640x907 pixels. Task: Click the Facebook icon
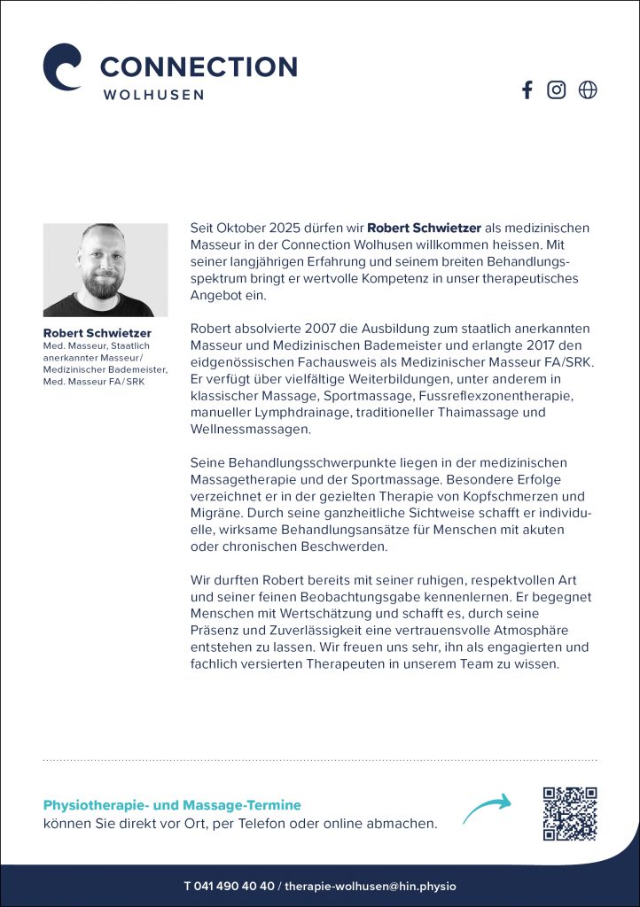[x=527, y=89]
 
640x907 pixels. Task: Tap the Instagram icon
[x=556, y=89]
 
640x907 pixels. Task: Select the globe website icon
[x=588, y=89]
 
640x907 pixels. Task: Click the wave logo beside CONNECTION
[x=62, y=67]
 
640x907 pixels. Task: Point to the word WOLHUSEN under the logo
[x=153, y=94]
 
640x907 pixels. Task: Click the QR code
[x=570, y=813]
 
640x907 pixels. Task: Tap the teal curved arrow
[x=487, y=808]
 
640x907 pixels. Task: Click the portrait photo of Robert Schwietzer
[x=105, y=270]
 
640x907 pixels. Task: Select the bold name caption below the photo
[x=98, y=333]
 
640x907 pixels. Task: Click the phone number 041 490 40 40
[x=230, y=886]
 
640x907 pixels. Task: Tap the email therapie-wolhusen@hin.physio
[x=371, y=886]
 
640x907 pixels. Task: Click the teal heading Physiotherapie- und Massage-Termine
[x=172, y=805]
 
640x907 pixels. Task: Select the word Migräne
[x=215, y=512]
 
